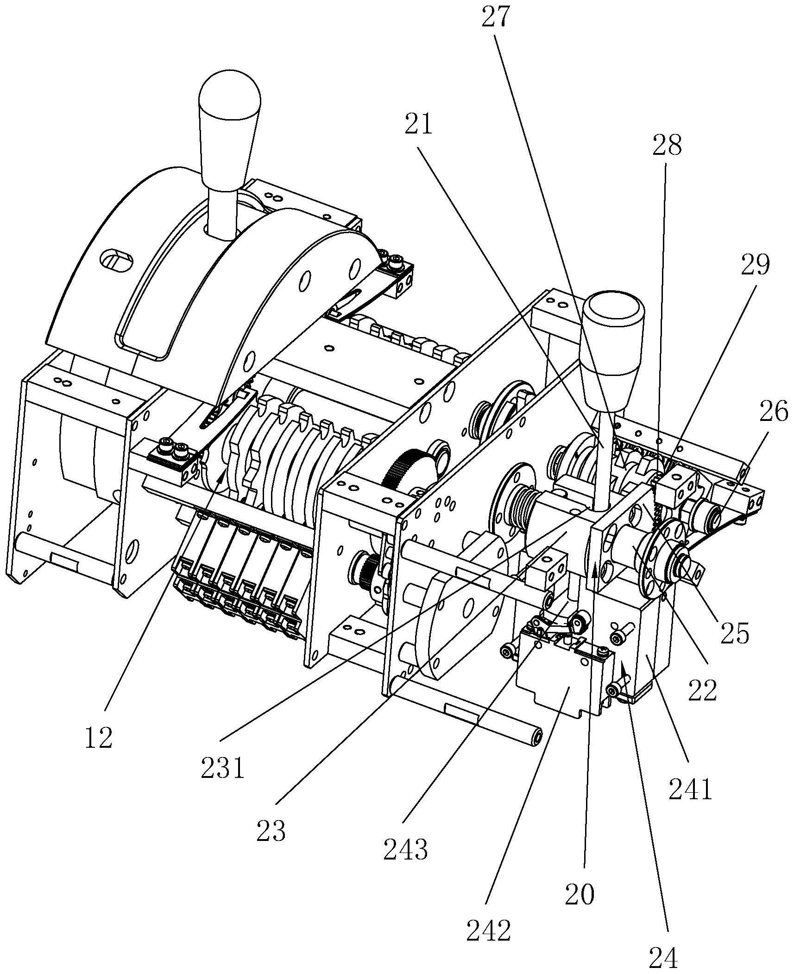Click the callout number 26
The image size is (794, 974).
click(x=773, y=411)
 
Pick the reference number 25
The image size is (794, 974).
click(x=735, y=633)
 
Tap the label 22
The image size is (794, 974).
click(x=703, y=691)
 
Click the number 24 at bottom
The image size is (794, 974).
click(x=663, y=956)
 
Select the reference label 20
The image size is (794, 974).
click(x=580, y=893)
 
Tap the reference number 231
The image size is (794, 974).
click(x=222, y=769)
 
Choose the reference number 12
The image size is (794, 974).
click(x=99, y=737)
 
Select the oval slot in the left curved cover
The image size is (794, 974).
click(x=117, y=261)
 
